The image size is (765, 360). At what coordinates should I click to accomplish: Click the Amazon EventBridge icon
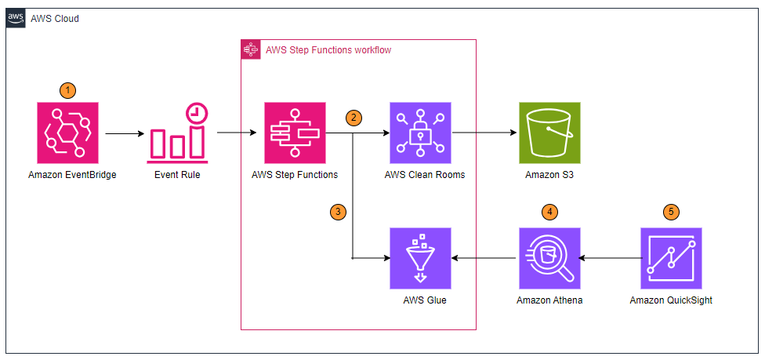point(68,133)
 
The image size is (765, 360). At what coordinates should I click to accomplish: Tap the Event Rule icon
point(177,133)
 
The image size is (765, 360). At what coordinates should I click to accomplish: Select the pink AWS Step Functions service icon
point(295,133)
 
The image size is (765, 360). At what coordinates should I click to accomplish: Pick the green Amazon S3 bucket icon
point(549,133)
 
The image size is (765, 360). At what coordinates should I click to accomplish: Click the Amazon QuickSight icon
point(671,258)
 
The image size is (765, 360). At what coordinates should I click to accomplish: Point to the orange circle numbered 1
point(68,90)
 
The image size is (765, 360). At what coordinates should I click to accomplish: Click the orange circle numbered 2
point(353,118)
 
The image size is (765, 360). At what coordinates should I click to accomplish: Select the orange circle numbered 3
point(338,212)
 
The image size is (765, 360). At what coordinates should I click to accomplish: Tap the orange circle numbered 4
point(550,212)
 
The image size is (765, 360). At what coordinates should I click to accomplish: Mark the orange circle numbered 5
point(671,212)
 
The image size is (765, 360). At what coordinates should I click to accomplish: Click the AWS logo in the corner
point(15,19)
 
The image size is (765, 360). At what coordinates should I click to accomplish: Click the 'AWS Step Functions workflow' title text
point(328,50)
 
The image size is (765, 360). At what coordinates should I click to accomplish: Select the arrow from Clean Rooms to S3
point(485,133)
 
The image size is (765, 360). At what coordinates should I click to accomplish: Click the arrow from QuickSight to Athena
point(611,258)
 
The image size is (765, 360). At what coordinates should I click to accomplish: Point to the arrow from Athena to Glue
point(484,258)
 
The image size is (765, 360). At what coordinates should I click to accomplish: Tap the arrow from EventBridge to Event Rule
point(125,133)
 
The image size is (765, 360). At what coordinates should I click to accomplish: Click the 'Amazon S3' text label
point(549,175)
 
